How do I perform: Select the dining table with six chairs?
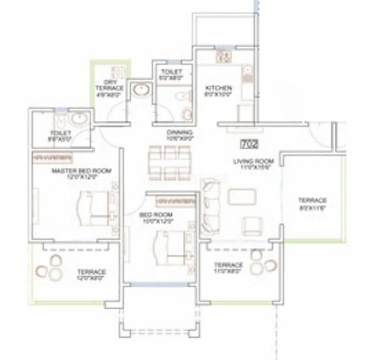click(170, 163)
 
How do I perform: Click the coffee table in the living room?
click(242, 197)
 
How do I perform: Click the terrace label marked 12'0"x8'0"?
click(91, 275)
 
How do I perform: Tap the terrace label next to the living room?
click(312, 203)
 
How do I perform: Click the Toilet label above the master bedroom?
click(60, 135)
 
